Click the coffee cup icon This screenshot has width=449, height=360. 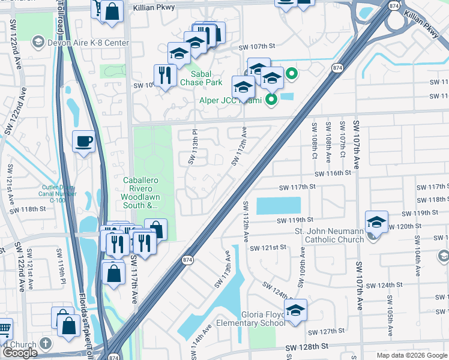84,142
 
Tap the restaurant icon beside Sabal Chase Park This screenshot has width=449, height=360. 164,76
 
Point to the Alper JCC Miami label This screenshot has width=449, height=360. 231,100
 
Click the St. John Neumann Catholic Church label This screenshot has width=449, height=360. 329,235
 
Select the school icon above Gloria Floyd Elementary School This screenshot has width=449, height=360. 295,310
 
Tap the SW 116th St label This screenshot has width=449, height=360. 331,173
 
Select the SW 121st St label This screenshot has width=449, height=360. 270,248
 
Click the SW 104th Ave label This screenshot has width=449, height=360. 417,264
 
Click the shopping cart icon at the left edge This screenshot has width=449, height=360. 4,328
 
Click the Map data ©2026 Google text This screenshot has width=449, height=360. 412,355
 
